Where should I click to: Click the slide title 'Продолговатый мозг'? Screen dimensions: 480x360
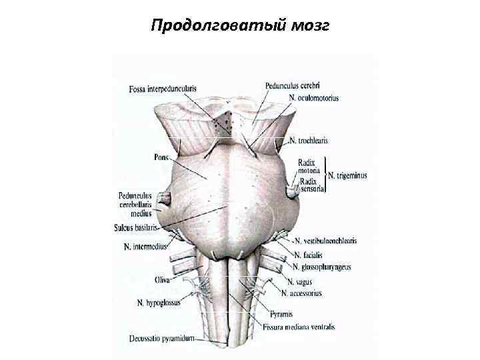tap(239, 26)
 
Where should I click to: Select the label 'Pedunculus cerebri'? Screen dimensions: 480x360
tap(292, 85)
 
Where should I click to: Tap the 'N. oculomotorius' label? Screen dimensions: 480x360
tap(314, 97)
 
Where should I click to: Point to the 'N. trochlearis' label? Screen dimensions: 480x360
tap(309, 141)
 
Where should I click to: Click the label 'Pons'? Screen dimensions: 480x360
tap(161, 157)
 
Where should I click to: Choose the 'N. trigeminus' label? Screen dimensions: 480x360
tap(347, 175)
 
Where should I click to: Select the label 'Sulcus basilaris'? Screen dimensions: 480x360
tap(135, 227)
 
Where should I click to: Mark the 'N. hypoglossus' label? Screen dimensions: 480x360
tap(159, 303)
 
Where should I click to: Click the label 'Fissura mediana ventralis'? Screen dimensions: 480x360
tap(299, 327)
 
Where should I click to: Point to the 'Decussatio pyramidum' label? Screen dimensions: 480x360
tap(161, 338)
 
